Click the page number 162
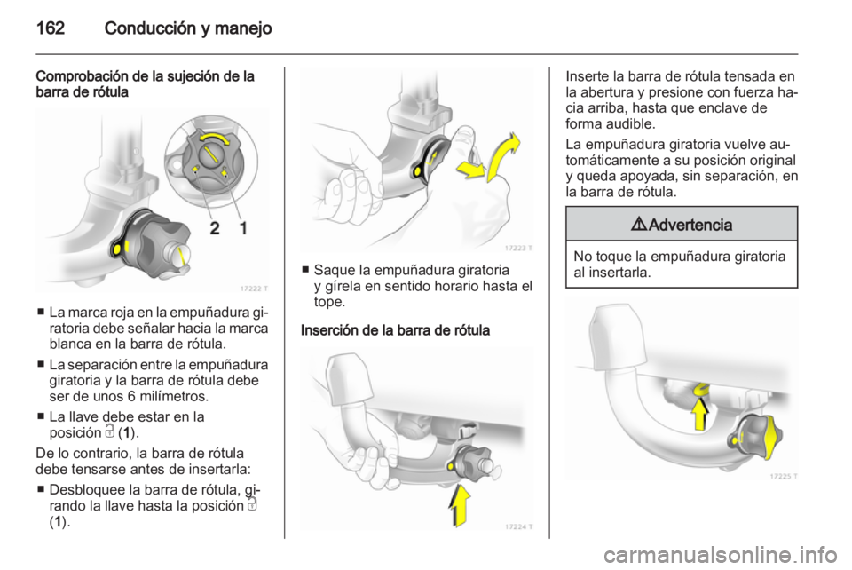point(51,28)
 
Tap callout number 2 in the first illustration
point(215,227)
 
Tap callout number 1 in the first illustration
point(243,227)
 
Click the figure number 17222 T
point(254,289)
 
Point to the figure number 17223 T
point(518,248)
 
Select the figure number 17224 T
point(518,526)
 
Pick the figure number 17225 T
point(784,476)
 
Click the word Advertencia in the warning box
point(690,225)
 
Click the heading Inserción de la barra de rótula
point(395,329)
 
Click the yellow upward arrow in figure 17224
point(461,506)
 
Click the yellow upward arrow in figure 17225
point(700,414)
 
